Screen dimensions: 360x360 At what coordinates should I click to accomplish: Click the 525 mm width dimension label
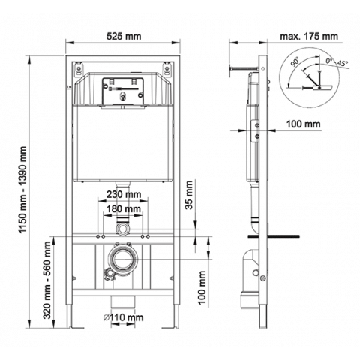click(124, 36)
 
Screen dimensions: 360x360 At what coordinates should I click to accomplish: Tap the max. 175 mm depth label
click(309, 37)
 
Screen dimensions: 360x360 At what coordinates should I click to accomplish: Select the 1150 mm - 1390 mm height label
click(23, 190)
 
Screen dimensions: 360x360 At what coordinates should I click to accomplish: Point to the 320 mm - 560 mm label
click(47, 280)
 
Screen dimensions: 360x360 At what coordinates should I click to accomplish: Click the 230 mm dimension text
click(124, 194)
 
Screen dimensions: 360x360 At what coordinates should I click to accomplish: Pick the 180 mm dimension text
click(124, 208)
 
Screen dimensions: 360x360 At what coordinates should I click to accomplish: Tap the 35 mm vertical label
click(189, 195)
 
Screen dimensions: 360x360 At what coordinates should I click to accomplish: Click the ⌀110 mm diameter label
click(124, 317)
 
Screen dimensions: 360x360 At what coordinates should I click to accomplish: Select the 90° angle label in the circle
click(295, 61)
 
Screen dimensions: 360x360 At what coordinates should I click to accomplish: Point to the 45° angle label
click(343, 63)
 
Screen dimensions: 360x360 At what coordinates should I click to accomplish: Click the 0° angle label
click(329, 61)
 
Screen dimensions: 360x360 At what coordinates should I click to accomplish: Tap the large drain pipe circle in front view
click(123, 259)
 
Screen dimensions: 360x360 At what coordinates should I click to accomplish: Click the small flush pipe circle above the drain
click(123, 229)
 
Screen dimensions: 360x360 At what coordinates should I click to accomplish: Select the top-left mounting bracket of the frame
click(79, 68)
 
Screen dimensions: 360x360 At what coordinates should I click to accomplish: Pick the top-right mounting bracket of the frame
click(167, 68)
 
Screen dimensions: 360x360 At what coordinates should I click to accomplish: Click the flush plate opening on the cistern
click(123, 91)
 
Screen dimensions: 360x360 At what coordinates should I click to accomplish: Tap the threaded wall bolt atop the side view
click(244, 67)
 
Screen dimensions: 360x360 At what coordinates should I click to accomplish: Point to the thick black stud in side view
click(273, 236)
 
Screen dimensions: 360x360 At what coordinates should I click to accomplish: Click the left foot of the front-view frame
click(76, 327)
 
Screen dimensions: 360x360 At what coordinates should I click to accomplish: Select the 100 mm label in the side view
click(303, 124)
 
